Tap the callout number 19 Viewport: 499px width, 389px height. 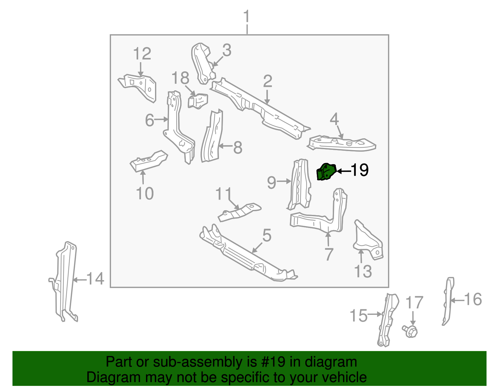point(360,170)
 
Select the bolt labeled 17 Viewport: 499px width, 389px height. point(411,331)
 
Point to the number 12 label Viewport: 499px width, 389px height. point(142,54)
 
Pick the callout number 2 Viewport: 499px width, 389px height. point(268,81)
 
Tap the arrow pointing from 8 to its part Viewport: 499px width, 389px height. point(225,146)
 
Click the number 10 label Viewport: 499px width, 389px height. point(145,194)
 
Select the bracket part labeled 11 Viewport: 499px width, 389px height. point(239,213)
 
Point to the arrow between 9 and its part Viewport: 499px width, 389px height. point(284,181)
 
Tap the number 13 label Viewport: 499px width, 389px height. point(363,271)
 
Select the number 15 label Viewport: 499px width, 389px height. point(358,315)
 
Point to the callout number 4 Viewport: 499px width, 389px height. point(334,119)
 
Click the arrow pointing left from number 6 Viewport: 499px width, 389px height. point(162,119)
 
